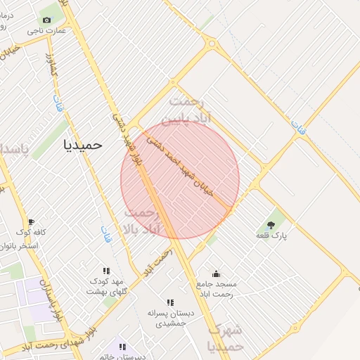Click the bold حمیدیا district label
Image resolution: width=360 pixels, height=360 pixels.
pyautogui.click(x=83, y=145)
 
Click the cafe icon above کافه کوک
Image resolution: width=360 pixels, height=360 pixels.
pyautogui.click(x=31, y=222)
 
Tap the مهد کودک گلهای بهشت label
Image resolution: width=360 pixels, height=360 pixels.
pyautogui.click(x=107, y=286)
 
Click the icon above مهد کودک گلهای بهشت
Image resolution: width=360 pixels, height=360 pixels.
pyautogui.click(x=106, y=271)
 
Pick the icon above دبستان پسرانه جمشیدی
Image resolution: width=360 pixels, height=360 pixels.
pyautogui.click(x=169, y=303)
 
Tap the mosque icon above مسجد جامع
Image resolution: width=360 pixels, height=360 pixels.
pyautogui.click(x=216, y=274)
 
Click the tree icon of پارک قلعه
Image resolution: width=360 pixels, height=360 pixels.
pyautogui.click(x=271, y=225)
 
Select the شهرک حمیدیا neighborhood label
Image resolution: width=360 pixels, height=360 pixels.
pyautogui.click(x=226, y=337)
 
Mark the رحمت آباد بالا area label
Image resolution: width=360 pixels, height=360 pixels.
pyautogui.click(x=142, y=221)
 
